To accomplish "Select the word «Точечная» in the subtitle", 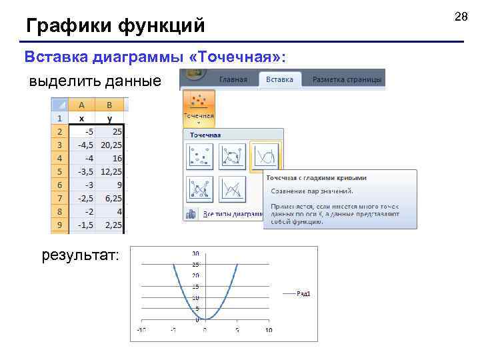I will (237, 57).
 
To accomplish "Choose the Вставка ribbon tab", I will (279, 79).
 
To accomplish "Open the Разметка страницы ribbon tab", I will (347, 79).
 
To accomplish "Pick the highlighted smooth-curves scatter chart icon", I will (266, 157).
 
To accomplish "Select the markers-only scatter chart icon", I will (200, 157).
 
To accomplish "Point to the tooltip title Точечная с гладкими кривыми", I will (316, 178).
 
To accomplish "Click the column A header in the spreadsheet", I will (81, 104).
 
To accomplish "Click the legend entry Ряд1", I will (304, 294).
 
